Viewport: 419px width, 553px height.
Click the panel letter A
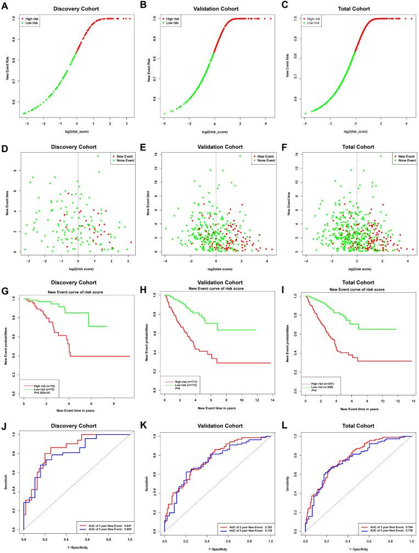click(4, 5)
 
